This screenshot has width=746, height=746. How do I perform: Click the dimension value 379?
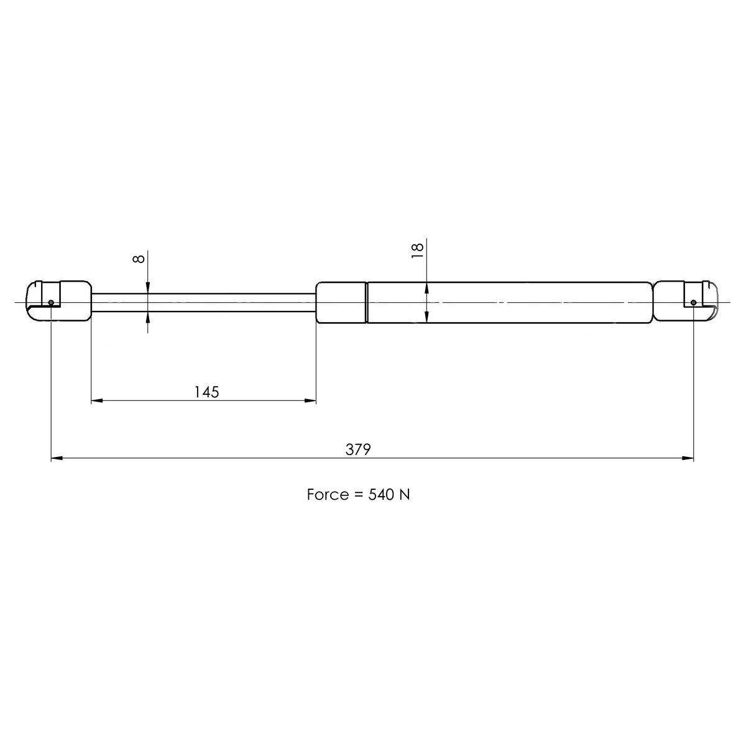coord(357,449)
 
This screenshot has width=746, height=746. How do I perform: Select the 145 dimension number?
coord(206,392)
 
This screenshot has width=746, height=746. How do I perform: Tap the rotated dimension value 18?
coord(418,251)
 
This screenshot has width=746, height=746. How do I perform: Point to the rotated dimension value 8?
coord(139,259)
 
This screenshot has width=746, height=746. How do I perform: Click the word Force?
coord(328,494)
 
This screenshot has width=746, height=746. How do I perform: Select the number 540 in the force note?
coord(381,494)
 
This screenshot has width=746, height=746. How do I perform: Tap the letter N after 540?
coord(405,494)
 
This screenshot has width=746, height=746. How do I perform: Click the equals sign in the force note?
coord(358,495)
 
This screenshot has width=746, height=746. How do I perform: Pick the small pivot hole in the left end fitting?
coord(51,302)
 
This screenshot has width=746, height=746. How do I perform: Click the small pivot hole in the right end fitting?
coord(693,302)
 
